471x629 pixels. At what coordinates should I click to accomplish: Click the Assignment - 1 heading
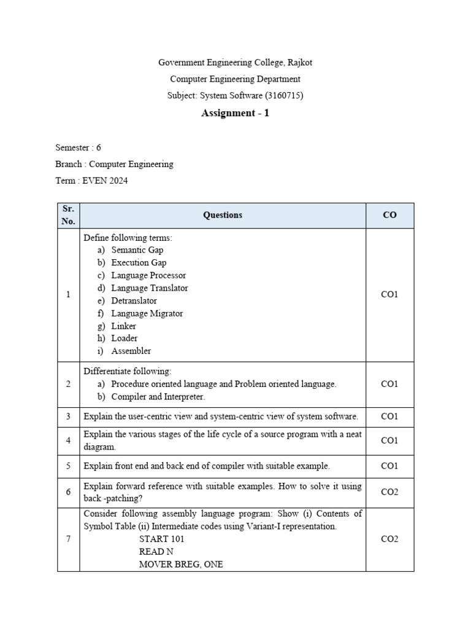pyautogui.click(x=235, y=113)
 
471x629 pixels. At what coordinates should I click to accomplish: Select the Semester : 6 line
pyautogui.click(x=78, y=147)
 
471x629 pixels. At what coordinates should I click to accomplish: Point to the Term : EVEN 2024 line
pyautogui.click(x=91, y=181)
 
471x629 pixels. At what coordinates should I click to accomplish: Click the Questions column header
pyautogui.click(x=223, y=215)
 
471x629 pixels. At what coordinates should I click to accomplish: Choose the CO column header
pyautogui.click(x=389, y=215)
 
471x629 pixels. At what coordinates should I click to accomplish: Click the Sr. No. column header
pyautogui.click(x=68, y=215)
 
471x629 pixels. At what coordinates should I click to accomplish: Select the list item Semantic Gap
pyautogui.click(x=137, y=250)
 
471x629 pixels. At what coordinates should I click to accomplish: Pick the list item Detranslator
pyautogui.click(x=134, y=300)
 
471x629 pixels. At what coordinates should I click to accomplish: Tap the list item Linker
pyautogui.click(x=123, y=326)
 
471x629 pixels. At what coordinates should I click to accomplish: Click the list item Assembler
pyautogui.click(x=131, y=351)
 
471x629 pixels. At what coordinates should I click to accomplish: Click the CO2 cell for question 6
pyautogui.click(x=389, y=492)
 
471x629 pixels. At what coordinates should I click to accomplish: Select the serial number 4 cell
pyautogui.click(x=68, y=440)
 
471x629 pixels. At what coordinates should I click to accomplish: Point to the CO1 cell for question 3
pyautogui.click(x=389, y=416)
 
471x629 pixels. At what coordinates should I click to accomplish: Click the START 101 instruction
pyautogui.click(x=162, y=539)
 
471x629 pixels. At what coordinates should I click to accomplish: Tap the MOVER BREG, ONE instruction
pyautogui.click(x=181, y=564)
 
